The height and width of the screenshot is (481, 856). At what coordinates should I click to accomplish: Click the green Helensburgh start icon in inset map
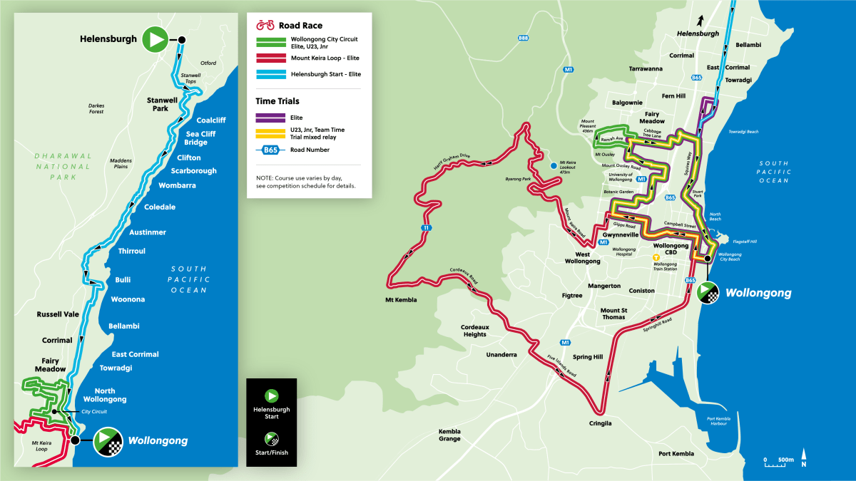click(x=154, y=39)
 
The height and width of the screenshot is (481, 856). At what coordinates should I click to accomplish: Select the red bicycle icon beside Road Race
click(x=265, y=26)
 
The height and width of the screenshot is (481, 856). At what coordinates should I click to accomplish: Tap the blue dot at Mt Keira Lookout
click(x=554, y=166)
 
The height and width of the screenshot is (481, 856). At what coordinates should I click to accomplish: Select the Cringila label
click(x=601, y=423)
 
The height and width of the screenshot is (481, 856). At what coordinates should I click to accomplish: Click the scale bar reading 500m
click(x=778, y=460)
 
